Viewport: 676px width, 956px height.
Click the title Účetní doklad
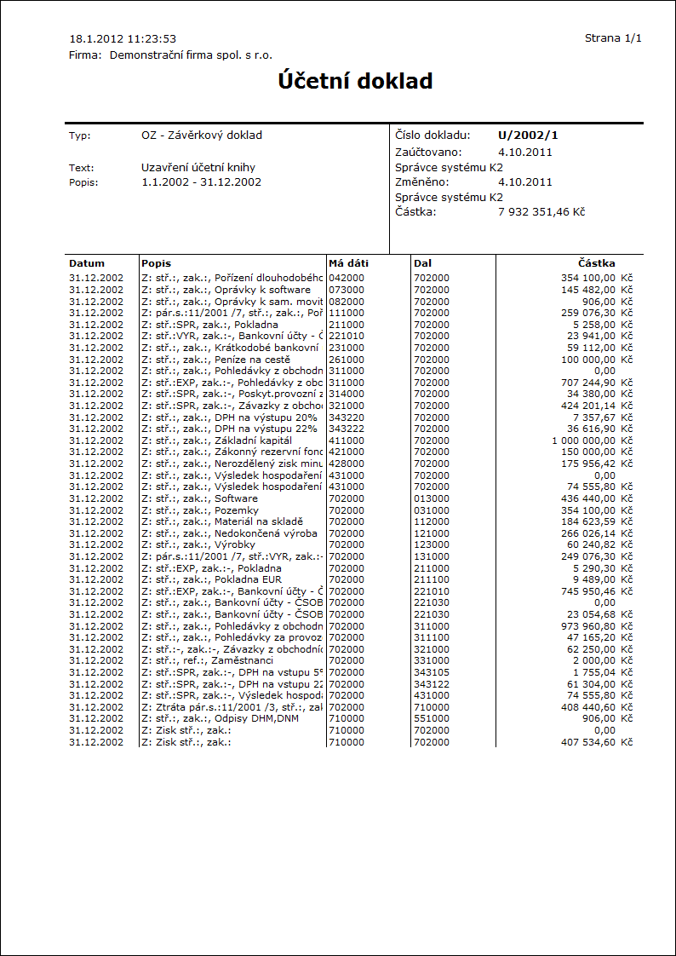pos(355,81)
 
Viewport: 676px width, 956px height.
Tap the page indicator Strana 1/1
pos(613,38)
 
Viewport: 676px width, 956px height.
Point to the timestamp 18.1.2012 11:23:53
pos(123,38)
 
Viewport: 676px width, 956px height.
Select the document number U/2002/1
pos(528,135)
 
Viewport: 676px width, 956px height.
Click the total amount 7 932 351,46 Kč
pos(541,211)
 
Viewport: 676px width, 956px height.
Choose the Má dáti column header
pos(348,263)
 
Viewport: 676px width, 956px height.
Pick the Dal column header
pos(422,263)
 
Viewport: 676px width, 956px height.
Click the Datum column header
pos(87,263)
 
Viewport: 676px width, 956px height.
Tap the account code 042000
pos(347,278)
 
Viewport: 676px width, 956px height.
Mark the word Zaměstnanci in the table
pos(243,660)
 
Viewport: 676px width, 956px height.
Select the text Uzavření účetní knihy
pos(198,168)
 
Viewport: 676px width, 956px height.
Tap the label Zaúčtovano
pos(427,152)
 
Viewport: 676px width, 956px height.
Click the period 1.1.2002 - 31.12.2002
pos(202,181)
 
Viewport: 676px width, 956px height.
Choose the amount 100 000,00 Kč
pos(597,360)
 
